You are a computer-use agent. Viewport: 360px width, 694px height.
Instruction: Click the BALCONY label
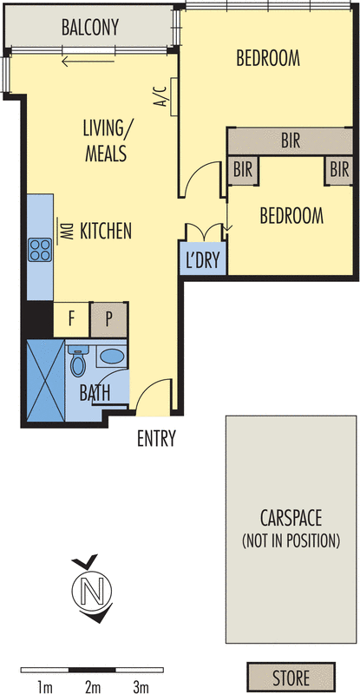pos(89,29)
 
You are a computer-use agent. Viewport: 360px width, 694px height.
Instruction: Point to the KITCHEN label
pos(105,232)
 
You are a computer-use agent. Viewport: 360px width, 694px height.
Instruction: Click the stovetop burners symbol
pos(40,250)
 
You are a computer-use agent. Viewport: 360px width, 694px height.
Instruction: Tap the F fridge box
pos(71,318)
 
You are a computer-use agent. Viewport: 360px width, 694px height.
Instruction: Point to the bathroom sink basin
pos(110,356)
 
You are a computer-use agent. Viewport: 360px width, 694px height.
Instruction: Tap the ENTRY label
pos(156,439)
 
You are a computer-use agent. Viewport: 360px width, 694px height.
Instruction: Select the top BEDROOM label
pos(268,59)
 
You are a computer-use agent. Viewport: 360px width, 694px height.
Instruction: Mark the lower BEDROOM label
pos(291,215)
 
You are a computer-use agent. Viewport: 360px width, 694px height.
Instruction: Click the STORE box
pos(291,676)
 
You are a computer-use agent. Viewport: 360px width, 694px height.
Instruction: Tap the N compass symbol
pos(89,591)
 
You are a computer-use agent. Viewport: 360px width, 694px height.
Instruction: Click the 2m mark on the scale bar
pos(93,689)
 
